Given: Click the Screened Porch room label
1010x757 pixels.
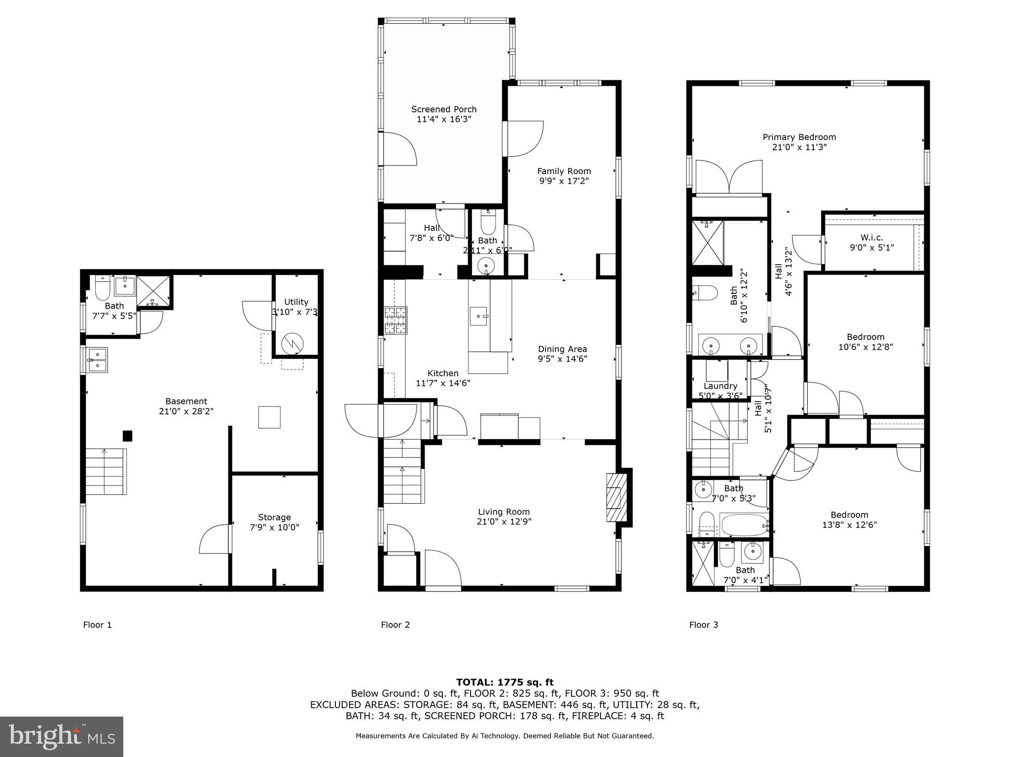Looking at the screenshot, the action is pyautogui.click(x=444, y=109).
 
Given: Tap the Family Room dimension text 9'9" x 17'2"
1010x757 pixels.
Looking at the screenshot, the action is pyautogui.click(x=564, y=181).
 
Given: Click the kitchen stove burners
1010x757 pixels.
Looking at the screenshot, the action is pyautogui.click(x=396, y=320).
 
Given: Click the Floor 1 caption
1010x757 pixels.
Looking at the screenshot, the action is pyautogui.click(x=97, y=625).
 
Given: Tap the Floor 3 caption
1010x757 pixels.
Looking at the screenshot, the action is pyautogui.click(x=703, y=625).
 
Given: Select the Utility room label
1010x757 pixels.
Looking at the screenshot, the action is pyautogui.click(x=296, y=302).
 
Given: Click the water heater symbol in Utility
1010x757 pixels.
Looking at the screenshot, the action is pyautogui.click(x=292, y=343).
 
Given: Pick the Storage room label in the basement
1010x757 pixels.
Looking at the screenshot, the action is pyautogui.click(x=274, y=517).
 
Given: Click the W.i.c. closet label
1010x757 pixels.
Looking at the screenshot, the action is pyautogui.click(x=871, y=238).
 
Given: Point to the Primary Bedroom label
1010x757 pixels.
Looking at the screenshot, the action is pyautogui.click(x=799, y=137).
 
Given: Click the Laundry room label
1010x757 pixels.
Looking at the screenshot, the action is pyautogui.click(x=721, y=386).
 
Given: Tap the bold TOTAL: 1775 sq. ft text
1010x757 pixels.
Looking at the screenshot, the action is pyautogui.click(x=505, y=682).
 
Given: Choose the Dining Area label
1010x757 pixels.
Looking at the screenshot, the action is pyautogui.click(x=562, y=349).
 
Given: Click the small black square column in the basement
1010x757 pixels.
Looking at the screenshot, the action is pyautogui.click(x=128, y=436).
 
